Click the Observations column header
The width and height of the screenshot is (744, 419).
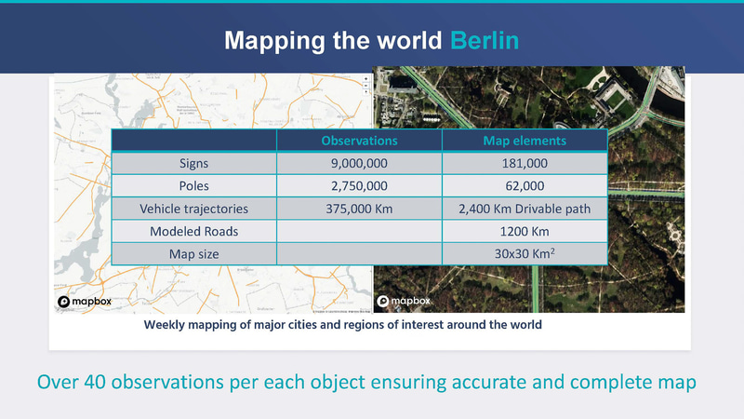[x=359, y=141]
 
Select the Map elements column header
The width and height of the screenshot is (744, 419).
[x=525, y=141]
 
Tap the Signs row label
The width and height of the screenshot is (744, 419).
[x=193, y=163]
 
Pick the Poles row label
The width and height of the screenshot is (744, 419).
[x=193, y=185]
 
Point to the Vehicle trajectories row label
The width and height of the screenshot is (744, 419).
[x=193, y=208]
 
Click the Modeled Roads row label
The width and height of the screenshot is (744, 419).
[x=193, y=230]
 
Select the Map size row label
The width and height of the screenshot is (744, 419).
[x=193, y=252]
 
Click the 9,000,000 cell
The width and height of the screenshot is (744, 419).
[x=359, y=163]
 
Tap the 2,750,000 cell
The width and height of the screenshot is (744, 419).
[x=359, y=185]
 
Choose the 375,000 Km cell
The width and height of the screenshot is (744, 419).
[x=359, y=208]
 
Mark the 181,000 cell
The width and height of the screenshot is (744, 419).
[x=525, y=163]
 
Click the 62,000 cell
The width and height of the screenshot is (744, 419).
[x=525, y=185]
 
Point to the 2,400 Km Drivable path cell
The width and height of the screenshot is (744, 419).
[x=525, y=208]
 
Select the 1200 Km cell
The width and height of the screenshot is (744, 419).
[x=525, y=230]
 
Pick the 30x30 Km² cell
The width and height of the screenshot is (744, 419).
[x=525, y=252]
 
